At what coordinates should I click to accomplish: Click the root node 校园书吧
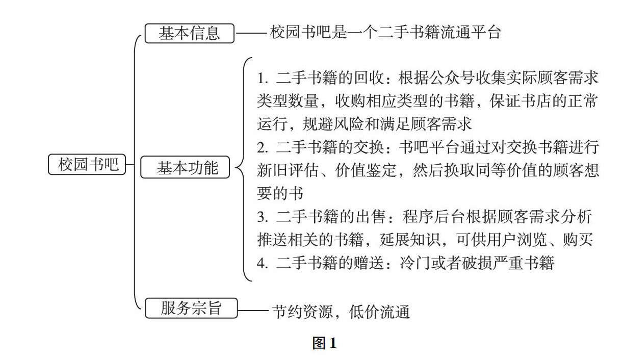click(87, 164)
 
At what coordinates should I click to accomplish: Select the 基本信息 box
click(189, 34)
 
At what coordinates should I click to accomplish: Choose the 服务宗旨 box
click(191, 308)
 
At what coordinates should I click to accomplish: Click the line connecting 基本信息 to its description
click(251, 34)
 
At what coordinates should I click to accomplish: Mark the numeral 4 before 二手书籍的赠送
click(262, 263)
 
